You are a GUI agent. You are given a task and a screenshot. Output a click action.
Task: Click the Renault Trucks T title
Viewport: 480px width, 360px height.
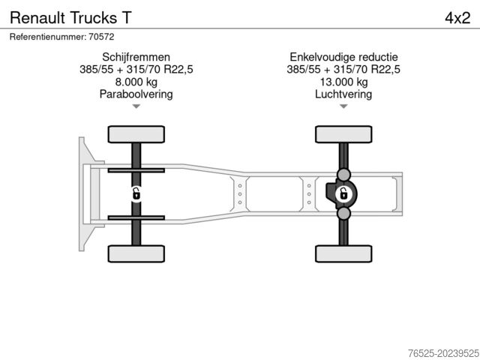(x=70, y=18)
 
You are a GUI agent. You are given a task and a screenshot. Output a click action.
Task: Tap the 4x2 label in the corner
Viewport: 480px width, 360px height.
(x=457, y=18)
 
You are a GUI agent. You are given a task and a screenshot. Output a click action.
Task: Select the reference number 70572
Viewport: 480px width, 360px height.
(x=101, y=37)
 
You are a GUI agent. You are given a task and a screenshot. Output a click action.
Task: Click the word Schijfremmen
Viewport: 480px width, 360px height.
(x=136, y=57)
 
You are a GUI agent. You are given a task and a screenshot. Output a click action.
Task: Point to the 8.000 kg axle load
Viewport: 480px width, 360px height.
(x=136, y=82)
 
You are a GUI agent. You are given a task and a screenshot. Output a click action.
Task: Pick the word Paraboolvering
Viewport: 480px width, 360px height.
(x=136, y=94)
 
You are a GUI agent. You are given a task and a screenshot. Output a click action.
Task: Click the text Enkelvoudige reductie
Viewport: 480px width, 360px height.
(x=343, y=57)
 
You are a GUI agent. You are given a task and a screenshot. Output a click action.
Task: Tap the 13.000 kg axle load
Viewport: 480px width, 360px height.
(x=343, y=82)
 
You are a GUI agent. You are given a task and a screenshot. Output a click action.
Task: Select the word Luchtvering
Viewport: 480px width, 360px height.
(x=343, y=94)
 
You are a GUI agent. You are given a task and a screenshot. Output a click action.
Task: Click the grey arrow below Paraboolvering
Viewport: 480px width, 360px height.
(x=136, y=106)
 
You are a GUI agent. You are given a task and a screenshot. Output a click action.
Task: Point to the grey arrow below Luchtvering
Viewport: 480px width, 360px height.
(x=343, y=106)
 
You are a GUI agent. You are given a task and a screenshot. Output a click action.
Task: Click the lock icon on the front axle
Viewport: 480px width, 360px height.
(x=136, y=194)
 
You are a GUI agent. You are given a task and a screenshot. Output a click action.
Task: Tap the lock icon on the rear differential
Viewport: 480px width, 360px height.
(x=343, y=194)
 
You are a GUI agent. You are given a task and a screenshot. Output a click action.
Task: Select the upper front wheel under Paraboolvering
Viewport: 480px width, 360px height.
(x=136, y=134)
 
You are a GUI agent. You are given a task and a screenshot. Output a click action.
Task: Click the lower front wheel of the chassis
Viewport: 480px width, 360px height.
(x=136, y=253)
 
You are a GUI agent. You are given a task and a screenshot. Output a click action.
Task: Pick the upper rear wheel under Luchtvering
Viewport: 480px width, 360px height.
(x=343, y=134)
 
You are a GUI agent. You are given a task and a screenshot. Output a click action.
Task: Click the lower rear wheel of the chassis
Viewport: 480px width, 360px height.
(x=343, y=253)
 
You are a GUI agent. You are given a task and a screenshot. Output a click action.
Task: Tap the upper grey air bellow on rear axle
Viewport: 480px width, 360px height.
(x=343, y=175)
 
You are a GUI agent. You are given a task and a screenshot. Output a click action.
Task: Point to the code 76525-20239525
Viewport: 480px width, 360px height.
(x=443, y=353)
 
